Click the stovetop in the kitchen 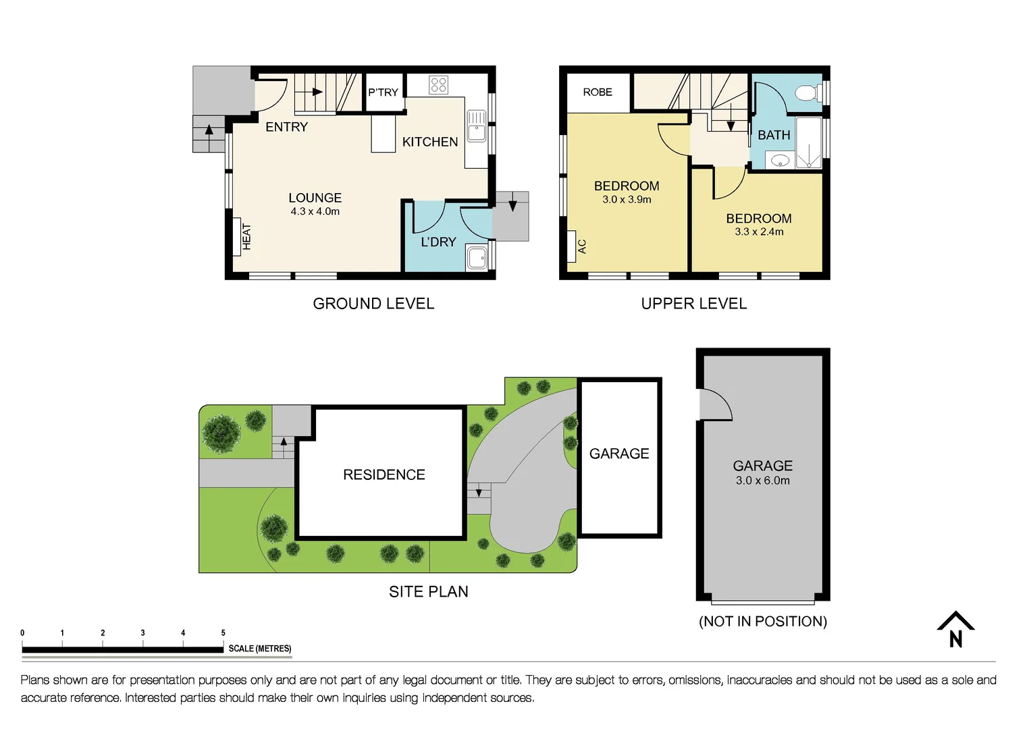[x=438, y=85]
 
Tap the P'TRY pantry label [x=383, y=92]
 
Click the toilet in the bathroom [x=808, y=92]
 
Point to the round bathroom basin [x=780, y=161]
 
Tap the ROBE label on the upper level [x=598, y=92]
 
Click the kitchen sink [x=477, y=126]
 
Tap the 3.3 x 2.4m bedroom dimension [x=759, y=232]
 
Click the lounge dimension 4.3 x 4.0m [x=315, y=211]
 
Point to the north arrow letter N [x=955, y=639]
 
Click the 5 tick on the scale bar [x=223, y=633]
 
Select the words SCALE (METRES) [x=260, y=649]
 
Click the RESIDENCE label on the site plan [x=384, y=475]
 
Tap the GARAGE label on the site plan [x=619, y=454]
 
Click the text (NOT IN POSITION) [x=763, y=621]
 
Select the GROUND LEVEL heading [x=373, y=304]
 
